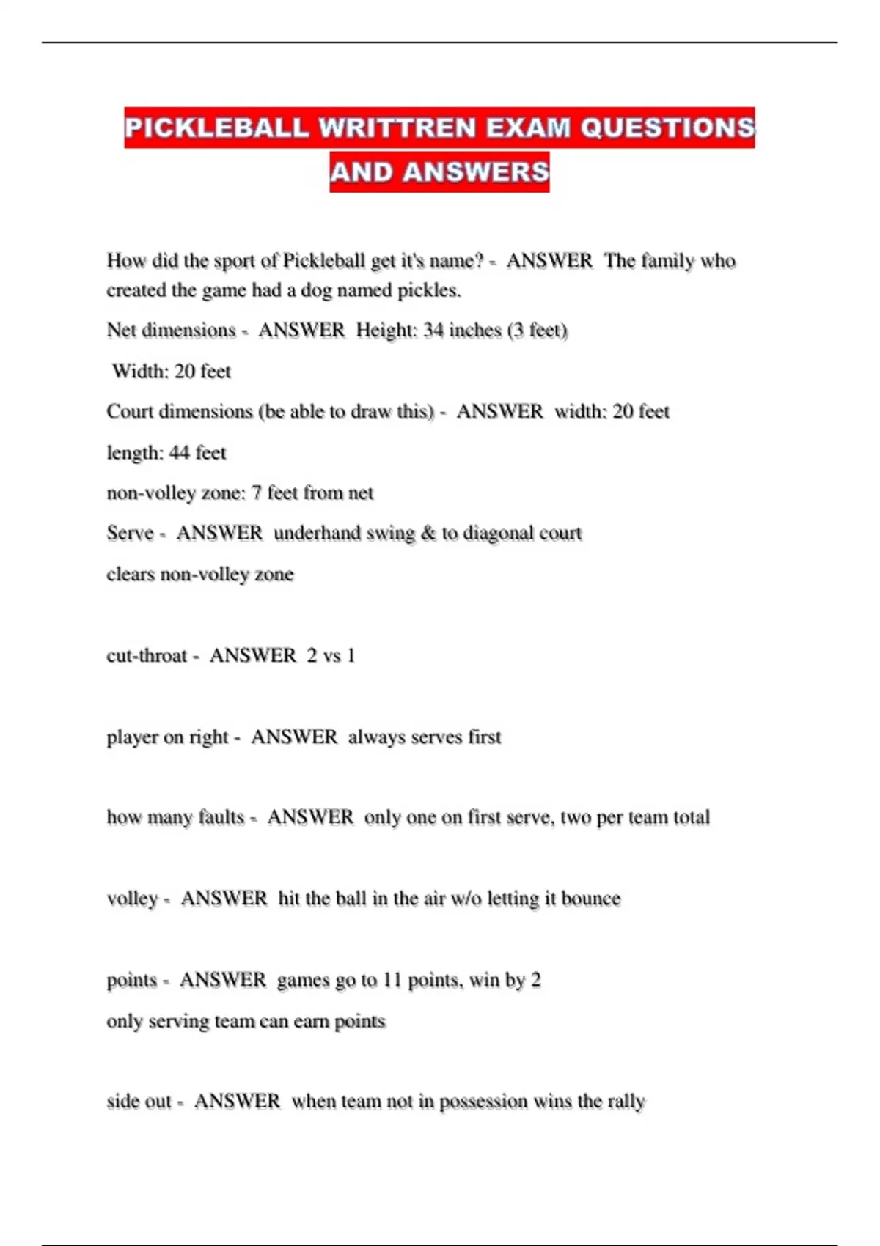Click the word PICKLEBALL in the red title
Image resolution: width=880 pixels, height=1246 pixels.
[216, 128]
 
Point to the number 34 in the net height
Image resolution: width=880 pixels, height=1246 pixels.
[433, 331]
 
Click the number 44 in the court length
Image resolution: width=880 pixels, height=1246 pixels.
[179, 453]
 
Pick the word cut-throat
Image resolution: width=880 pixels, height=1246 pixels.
[147, 655]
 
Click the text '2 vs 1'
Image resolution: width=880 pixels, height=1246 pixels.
[331, 655]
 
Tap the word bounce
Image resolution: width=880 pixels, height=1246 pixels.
[590, 899]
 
